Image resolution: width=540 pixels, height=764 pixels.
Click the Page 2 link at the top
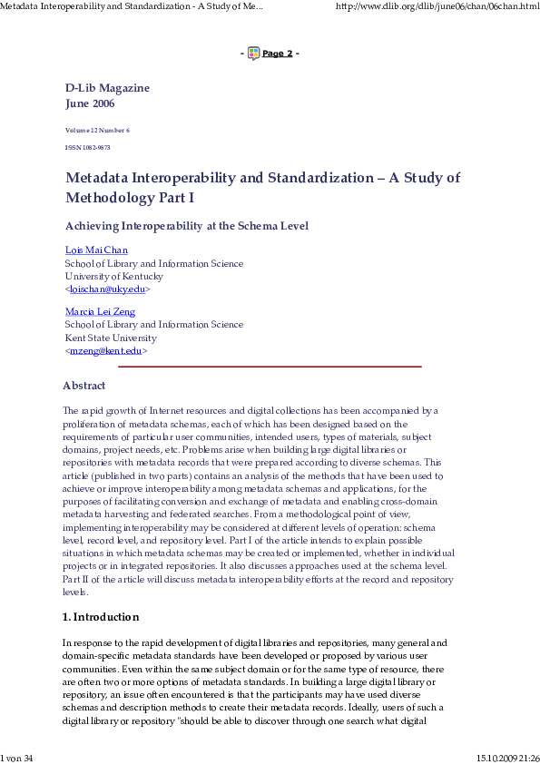point(278,54)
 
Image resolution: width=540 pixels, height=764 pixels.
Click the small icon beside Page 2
point(253,54)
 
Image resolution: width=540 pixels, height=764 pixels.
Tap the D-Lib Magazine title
point(107,88)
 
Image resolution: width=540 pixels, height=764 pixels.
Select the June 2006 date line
point(90,103)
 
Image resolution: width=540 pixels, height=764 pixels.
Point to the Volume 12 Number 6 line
point(97,131)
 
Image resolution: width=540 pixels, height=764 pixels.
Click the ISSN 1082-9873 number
point(87,147)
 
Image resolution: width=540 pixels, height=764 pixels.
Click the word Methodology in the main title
point(113,198)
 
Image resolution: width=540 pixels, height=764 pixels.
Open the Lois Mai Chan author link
point(96,250)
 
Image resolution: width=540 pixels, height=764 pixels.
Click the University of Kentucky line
point(114,276)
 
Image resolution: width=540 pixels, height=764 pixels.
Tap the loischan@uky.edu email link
point(108,289)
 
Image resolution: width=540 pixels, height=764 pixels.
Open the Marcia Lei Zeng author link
point(100,312)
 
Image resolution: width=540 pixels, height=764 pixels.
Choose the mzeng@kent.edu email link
point(106,350)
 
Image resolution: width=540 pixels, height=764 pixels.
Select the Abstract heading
point(83,386)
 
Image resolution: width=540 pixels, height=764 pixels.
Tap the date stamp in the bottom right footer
point(507,758)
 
